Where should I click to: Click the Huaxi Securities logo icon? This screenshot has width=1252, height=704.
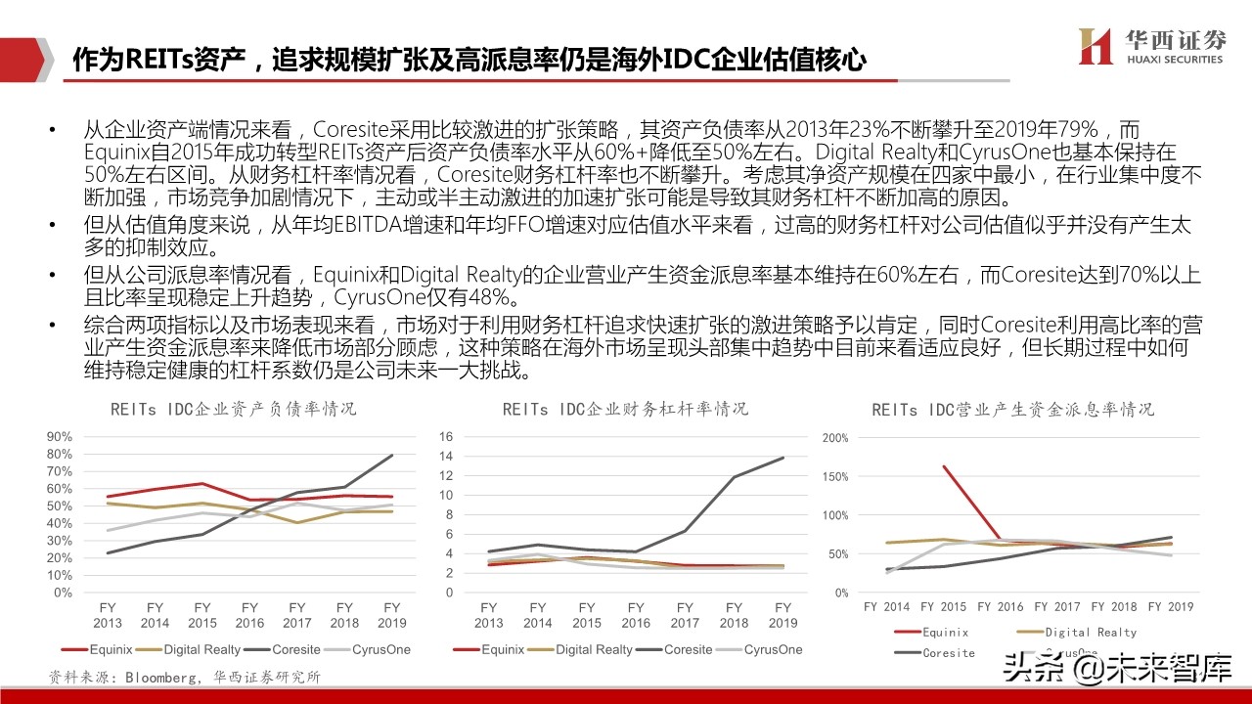(x=1095, y=46)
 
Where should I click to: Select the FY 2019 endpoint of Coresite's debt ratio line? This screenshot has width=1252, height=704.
(x=392, y=455)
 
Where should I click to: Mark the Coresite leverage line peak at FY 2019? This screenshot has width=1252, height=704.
(x=782, y=458)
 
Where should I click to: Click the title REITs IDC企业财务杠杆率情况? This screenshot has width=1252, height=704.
(x=626, y=409)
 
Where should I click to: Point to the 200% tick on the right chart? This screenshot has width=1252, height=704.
(x=834, y=437)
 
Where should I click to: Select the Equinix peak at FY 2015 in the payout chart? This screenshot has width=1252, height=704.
(x=944, y=466)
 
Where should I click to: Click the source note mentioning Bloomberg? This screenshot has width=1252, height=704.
(x=186, y=677)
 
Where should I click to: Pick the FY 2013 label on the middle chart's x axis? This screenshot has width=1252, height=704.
(x=489, y=615)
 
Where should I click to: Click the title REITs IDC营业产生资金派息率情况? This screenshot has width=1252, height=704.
(x=1012, y=409)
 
